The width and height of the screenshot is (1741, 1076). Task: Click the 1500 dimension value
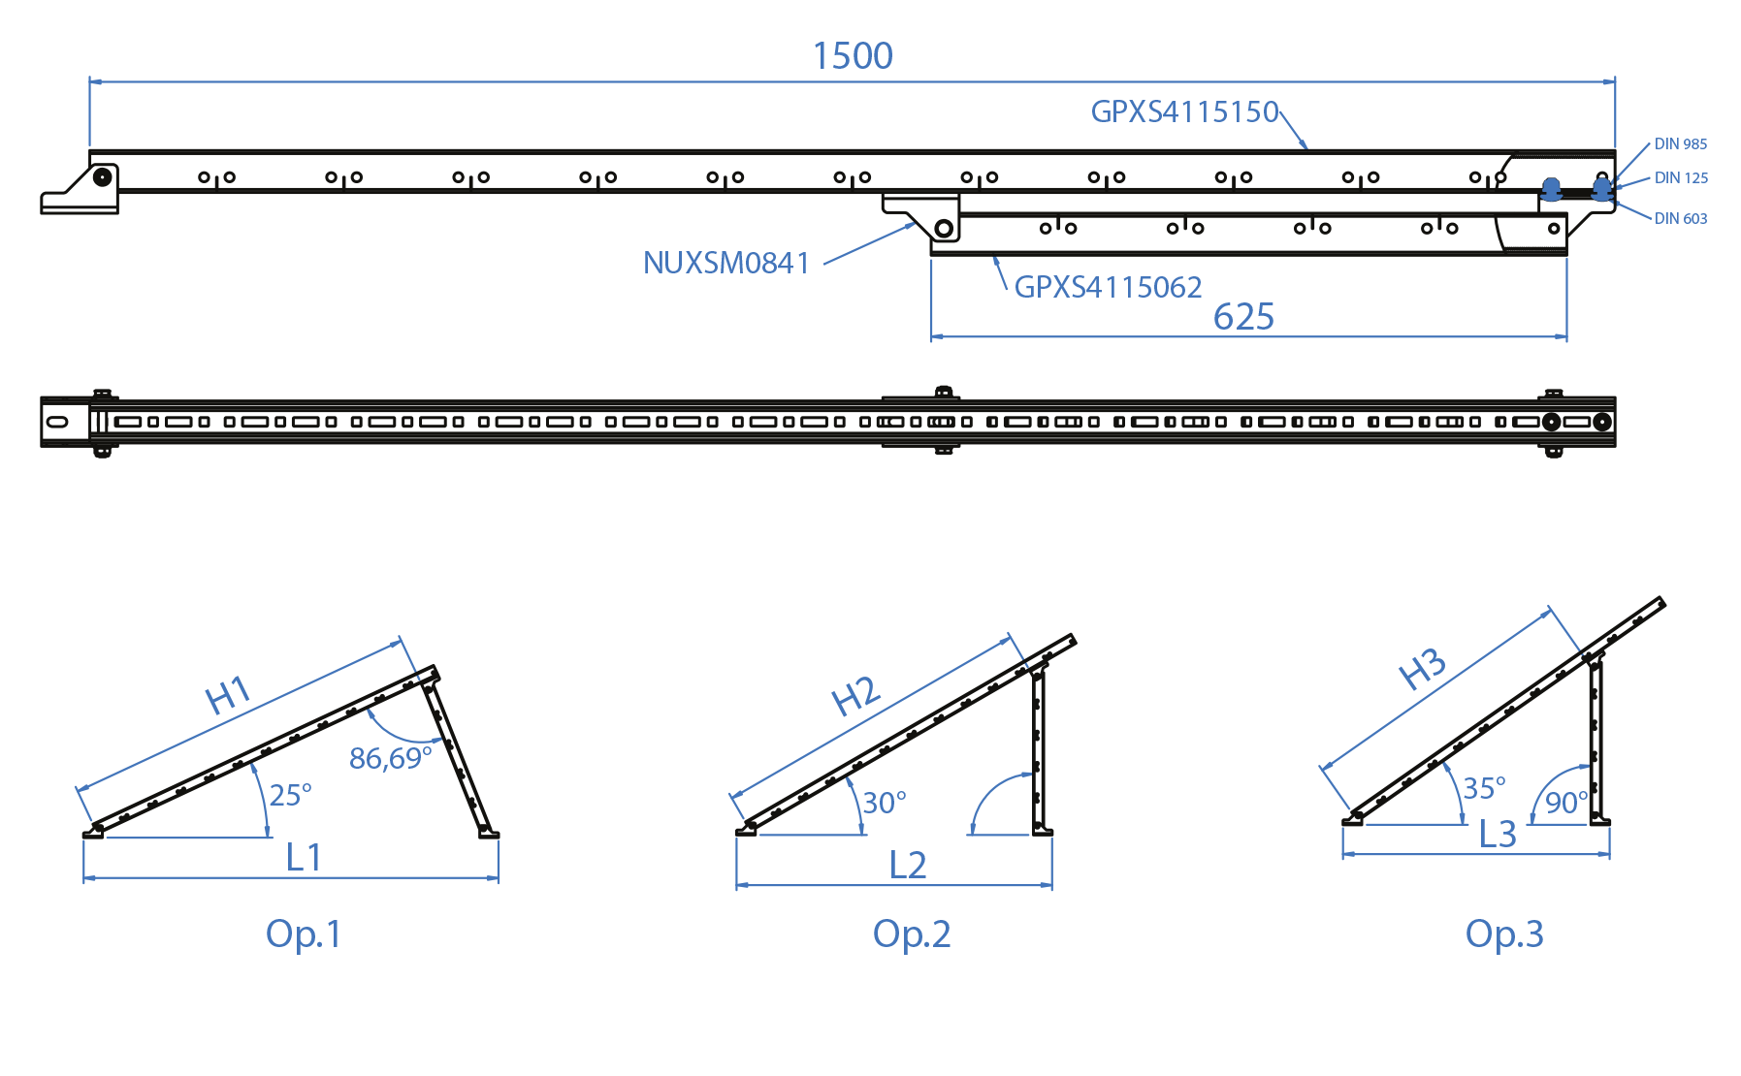pos(853,56)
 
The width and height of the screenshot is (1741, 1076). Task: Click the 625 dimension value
pos(1243,317)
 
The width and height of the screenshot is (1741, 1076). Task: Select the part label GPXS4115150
pos(1184,111)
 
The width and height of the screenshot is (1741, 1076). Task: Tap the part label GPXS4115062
pos(1108,287)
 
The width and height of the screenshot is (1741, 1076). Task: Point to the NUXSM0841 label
pos(726,263)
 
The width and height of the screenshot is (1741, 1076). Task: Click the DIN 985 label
pos(1680,143)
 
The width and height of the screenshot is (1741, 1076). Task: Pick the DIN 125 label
pos(1681,177)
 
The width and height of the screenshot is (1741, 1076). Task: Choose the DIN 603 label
pos(1680,218)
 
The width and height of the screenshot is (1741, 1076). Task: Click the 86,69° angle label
pos(390,758)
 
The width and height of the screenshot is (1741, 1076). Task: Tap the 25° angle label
pos(290,795)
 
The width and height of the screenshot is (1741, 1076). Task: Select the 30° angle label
pos(884,803)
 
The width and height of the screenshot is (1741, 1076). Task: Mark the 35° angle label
pos(1484,788)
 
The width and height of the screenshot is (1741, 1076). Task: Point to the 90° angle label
pos(1565,803)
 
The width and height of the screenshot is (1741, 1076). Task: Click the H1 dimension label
pos(229,695)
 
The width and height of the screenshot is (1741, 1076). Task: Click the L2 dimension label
pos(908,865)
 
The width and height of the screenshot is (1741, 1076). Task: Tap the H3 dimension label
pos(1423,669)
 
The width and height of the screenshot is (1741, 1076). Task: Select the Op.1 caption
pos(304,934)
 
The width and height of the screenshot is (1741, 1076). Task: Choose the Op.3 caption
pos(1503,934)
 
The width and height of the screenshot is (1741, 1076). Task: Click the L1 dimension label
pos(304,857)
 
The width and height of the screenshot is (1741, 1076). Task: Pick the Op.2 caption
pos(911,934)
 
